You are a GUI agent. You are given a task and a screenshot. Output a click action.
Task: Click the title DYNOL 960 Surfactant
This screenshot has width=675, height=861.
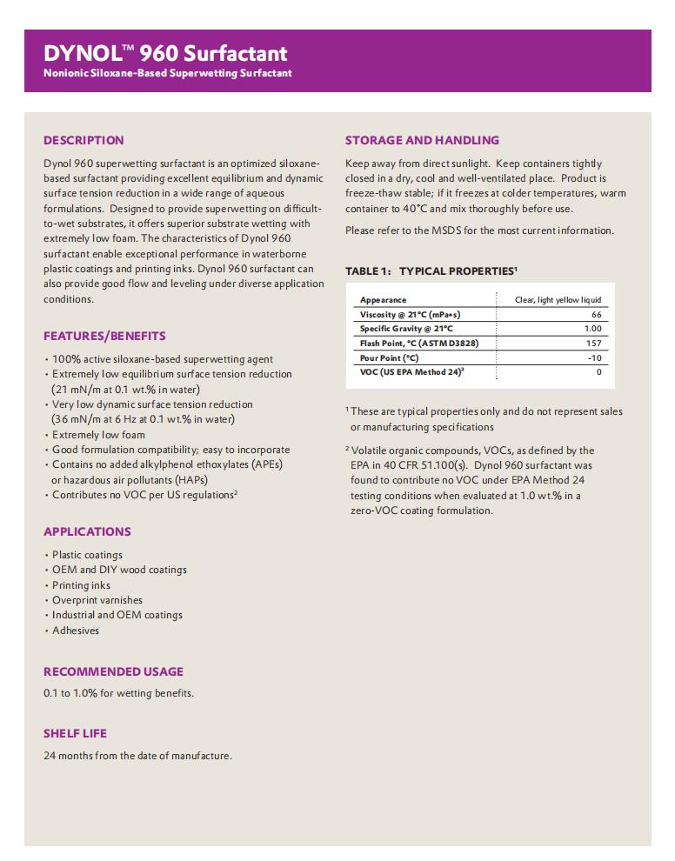click(165, 54)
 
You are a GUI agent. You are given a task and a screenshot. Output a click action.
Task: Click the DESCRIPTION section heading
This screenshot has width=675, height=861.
click(84, 140)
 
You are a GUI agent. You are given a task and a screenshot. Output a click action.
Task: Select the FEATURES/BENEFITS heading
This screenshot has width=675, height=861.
click(104, 336)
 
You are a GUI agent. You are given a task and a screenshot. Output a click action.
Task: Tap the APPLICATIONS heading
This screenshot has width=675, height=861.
click(87, 531)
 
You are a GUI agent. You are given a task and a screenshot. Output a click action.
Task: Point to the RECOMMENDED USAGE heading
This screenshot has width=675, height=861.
click(113, 671)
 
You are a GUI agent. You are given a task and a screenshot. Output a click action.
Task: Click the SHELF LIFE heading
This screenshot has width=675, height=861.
click(75, 733)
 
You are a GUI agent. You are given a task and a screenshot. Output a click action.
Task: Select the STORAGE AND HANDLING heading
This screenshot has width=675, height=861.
click(422, 140)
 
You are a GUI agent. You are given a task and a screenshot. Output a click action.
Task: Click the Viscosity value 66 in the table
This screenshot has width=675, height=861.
click(596, 314)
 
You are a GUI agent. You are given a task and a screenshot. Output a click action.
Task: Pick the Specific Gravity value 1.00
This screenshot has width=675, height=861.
click(592, 329)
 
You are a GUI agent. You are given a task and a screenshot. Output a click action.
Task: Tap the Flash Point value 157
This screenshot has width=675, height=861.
click(593, 343)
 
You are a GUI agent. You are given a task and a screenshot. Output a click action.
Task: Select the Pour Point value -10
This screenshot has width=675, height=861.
click(594, 357)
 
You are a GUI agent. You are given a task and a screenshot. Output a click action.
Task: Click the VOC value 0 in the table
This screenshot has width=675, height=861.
click(598, 372)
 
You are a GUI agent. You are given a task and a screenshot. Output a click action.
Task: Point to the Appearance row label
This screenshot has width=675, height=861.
click(383, 300)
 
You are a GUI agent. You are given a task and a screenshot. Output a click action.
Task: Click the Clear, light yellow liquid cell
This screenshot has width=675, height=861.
click(558, 300)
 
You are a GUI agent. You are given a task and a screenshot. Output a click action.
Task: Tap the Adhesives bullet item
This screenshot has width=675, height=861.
click(76, 631)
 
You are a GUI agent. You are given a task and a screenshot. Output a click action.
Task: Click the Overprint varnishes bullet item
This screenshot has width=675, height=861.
click(97, 600)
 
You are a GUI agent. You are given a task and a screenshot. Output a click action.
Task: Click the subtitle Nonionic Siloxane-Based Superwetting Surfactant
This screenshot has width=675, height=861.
click(168, 73)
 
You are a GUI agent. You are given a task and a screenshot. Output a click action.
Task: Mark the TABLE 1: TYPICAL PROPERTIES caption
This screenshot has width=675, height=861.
click(431, 271)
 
